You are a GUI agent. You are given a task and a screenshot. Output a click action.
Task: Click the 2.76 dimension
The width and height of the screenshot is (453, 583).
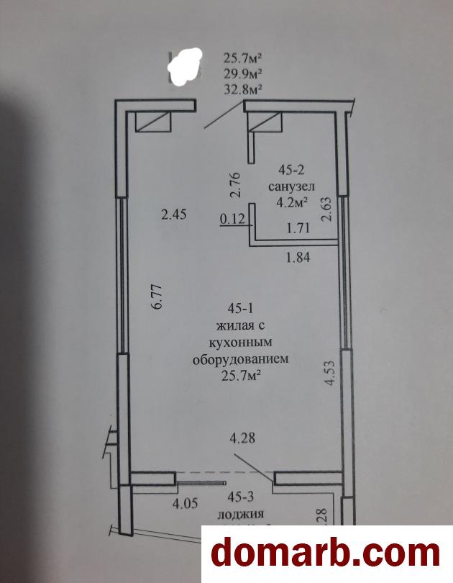pos(233,186)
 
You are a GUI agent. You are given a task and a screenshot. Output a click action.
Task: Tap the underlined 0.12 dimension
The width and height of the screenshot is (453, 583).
pos(232,220)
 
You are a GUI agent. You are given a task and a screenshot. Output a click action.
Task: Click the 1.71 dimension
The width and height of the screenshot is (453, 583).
pos(298,229)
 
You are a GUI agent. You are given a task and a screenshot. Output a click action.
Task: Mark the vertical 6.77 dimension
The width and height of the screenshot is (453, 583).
pos(158,296)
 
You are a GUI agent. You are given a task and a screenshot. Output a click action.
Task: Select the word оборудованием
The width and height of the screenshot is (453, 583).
pos(240,358)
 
